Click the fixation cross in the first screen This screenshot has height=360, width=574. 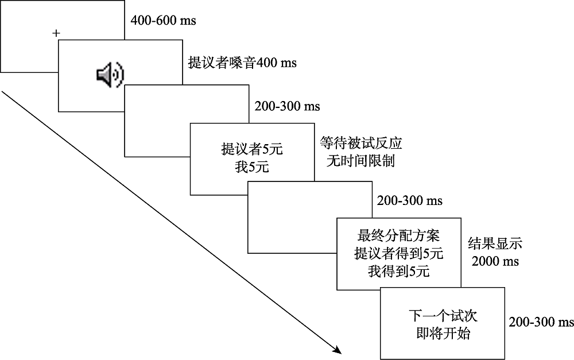pos(56,33)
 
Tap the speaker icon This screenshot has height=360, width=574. pos(110,75)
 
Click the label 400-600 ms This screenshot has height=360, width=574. pos(163,21)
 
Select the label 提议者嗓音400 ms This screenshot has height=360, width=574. pos(242,63)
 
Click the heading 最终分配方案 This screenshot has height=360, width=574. pos(398,235)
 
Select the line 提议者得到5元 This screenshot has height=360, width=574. pos(398,253)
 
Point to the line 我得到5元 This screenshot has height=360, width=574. pos(398,271)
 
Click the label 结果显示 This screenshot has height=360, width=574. pos(495,243)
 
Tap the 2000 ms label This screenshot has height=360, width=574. pos(495,261)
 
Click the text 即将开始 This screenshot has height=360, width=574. pos(443,333)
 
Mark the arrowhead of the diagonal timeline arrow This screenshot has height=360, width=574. pos(338,351)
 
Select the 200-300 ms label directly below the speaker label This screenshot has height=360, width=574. pos(287,106)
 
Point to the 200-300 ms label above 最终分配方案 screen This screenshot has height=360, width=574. pos(410,201)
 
